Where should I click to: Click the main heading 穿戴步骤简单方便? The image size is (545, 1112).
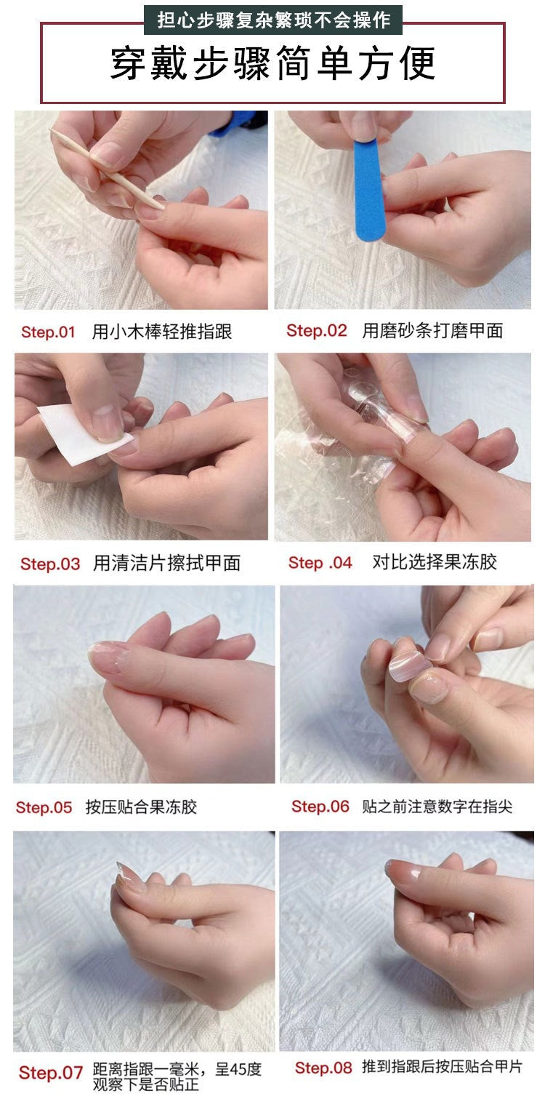click(272, 64)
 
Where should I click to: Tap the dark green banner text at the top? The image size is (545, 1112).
click(272, 20)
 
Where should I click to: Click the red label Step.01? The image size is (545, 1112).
click(48, 332)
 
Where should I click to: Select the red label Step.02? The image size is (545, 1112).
click(317, 331)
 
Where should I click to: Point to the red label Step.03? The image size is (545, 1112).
click(50, 564)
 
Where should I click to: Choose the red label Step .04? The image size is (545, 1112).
click(320, 562)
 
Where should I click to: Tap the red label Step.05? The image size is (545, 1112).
click(44, 807)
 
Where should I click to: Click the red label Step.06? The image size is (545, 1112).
click(320, 807)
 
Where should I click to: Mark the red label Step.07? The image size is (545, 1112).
click(51, 1073)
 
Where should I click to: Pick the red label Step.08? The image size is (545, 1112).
click(323, 1068)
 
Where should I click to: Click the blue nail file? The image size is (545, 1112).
click(368, 189)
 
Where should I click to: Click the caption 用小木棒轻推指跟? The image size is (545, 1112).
click(162, 332)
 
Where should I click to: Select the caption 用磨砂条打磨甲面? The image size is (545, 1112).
click(432, 331)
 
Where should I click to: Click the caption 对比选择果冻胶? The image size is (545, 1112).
click(435, 562)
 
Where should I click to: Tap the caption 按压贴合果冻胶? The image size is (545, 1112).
click(141, 807)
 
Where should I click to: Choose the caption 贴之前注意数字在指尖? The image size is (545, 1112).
click(437, 807)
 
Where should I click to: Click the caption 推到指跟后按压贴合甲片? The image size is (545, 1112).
click(442, 1068)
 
